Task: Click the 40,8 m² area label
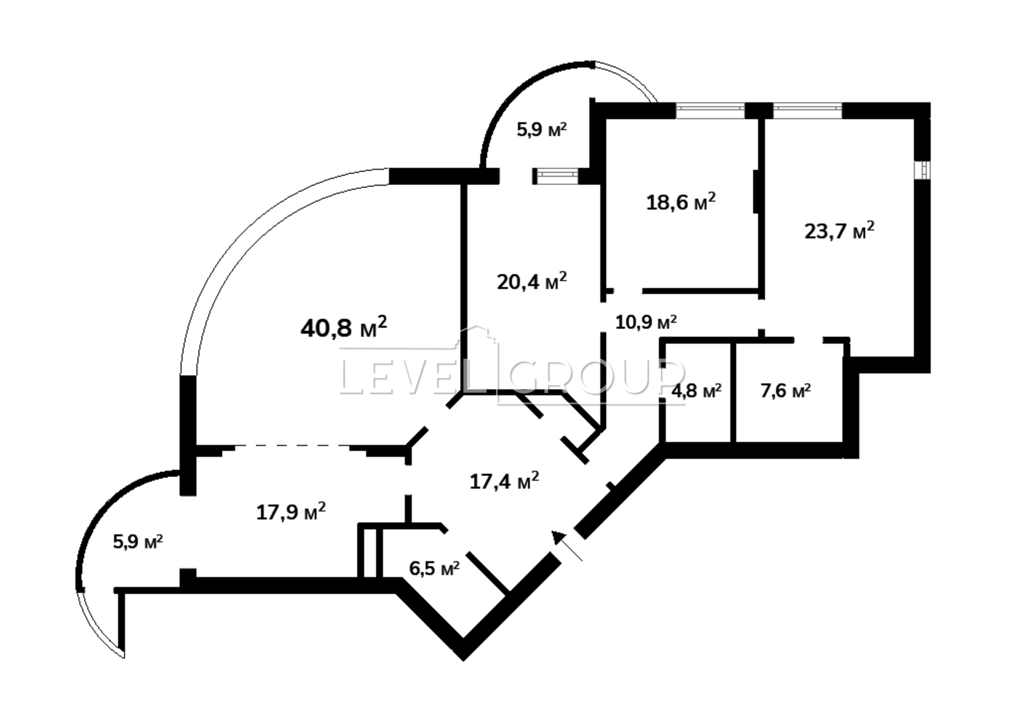(343, 327)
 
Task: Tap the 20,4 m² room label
(531, 281)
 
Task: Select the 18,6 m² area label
(680, 202)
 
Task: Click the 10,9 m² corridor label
(646, 322)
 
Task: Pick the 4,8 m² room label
(696, 391)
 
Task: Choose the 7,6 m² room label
(786, 391)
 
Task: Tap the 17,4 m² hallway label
(504, 481)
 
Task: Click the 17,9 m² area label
(291, 512)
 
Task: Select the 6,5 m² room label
(434, 569)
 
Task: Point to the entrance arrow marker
(566, 545)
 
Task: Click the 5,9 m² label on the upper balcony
(542, 130)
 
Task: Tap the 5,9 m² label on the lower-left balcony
(138, 542)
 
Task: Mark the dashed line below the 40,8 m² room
(292, 445)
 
